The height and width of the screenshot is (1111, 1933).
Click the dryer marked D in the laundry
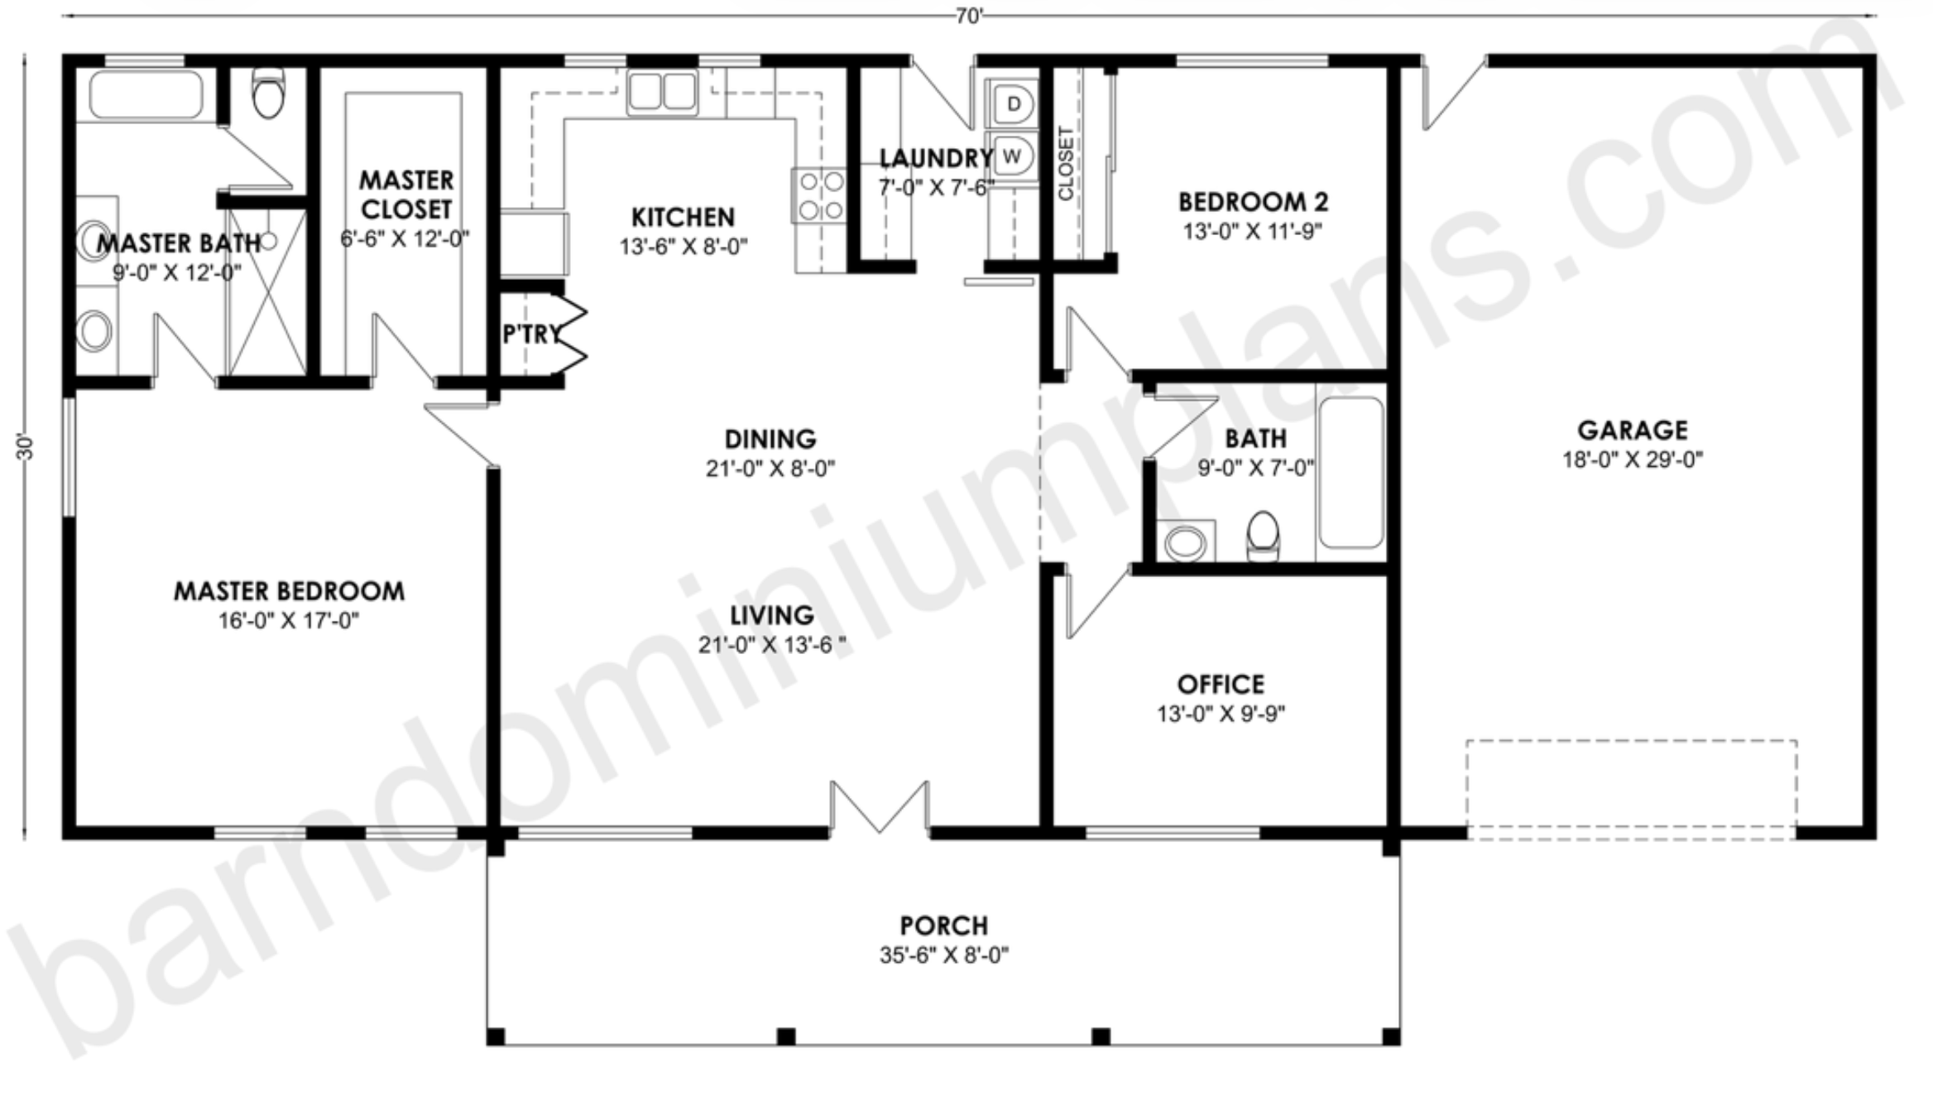pyautogui.click(x=1012, y=104)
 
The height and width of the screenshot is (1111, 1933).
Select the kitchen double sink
pyautogui.click(x=662, y=91)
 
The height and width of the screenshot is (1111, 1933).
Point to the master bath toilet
pyautogui.click(x=268, y=93)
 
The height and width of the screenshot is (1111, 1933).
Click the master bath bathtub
pyautogui.click(x=146, y=94)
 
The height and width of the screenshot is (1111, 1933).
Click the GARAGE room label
pyautogui.click(x=1632, y=430)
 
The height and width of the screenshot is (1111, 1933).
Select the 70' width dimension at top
pyautogui.click(x=969, y=17)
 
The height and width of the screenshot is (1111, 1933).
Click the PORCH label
pyautogui.click(x=943, y=926)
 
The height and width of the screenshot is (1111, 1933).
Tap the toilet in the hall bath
pyautogui.click(x=1263, y=535)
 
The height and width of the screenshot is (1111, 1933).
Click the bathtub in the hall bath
pyautogui.click(x=1351, y=472)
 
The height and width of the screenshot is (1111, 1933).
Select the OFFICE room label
pyautogui.click(x=1221, y=685)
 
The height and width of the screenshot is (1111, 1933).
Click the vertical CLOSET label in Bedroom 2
pyautogui.click(x=1066, y=163)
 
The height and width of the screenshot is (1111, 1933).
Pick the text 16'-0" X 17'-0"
pyautogui.click(x=289, y=620)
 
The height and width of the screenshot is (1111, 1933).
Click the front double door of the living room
pyautogui.click(x=880, y=806)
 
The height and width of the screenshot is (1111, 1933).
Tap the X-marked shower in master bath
pyautogui.click(x=267, y=292)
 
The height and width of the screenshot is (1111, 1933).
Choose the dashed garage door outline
pyautogui.click(x=1631, y=790)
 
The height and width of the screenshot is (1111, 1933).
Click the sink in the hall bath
pyautogui.click(x=1185, y=542)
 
